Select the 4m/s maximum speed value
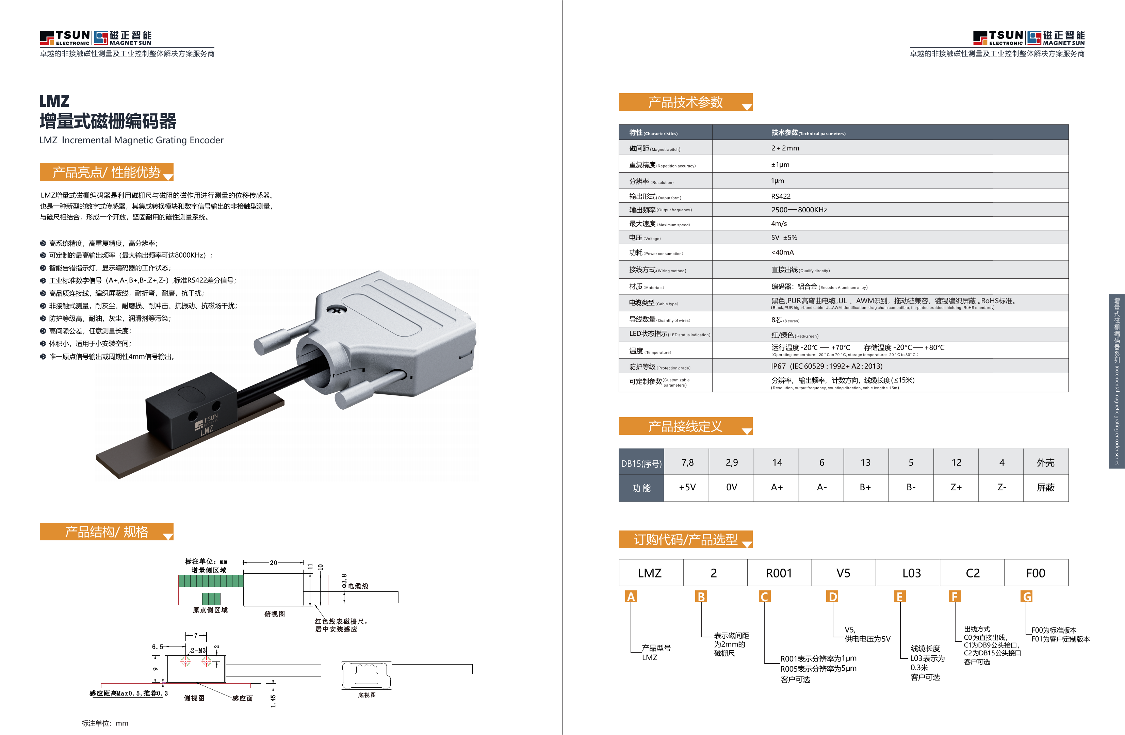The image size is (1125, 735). pos(779,224)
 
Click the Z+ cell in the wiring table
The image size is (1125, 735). pos(956,487)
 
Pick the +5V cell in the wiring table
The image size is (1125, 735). pos(687,487)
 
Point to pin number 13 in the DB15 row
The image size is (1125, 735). pos(865,462)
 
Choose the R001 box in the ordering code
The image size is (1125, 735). pos(779,573)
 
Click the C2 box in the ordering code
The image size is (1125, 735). pos(972,573)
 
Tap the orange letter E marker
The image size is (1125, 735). pos(899,597)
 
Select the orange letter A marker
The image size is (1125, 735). pos(631,597)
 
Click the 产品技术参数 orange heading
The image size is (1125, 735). pos(685,102)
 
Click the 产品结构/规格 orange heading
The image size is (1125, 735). pos(107,532)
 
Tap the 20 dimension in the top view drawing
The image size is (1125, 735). pos(273,562)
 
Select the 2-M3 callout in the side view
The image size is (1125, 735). pos(198,650)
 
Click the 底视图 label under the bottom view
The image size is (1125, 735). pos(367,695)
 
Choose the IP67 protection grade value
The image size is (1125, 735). pos(826,366)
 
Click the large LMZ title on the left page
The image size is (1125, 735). pos(54,101)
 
